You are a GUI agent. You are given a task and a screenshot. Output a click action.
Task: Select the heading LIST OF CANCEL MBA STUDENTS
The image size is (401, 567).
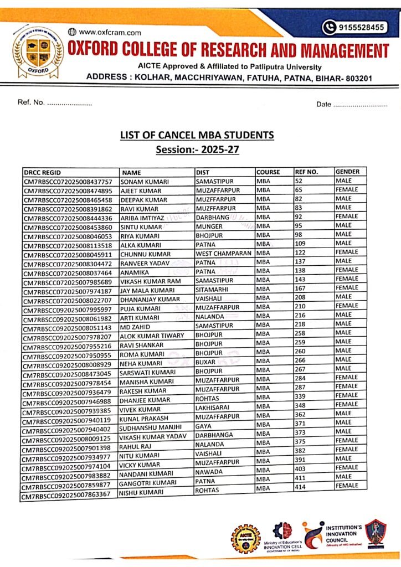(197, 135)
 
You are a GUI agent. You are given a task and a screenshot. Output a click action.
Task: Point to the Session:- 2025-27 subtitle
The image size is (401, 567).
(197, 149)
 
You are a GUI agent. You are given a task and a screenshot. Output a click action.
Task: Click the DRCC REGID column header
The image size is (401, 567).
(44, 172)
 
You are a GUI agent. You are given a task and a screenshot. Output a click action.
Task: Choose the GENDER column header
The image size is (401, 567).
(348, 172)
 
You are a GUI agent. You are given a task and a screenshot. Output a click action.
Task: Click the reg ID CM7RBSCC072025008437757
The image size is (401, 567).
(68, 182)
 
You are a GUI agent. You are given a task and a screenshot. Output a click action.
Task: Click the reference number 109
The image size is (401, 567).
(301, 244)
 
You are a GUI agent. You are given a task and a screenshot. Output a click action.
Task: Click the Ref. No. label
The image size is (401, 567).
(31, 104)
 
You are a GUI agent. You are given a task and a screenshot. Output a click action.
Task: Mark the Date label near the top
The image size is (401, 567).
(323, 104)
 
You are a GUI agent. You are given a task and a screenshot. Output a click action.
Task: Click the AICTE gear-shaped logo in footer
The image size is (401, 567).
(245, 538)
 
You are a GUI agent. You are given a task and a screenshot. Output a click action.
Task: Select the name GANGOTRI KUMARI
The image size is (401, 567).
(148, 484)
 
